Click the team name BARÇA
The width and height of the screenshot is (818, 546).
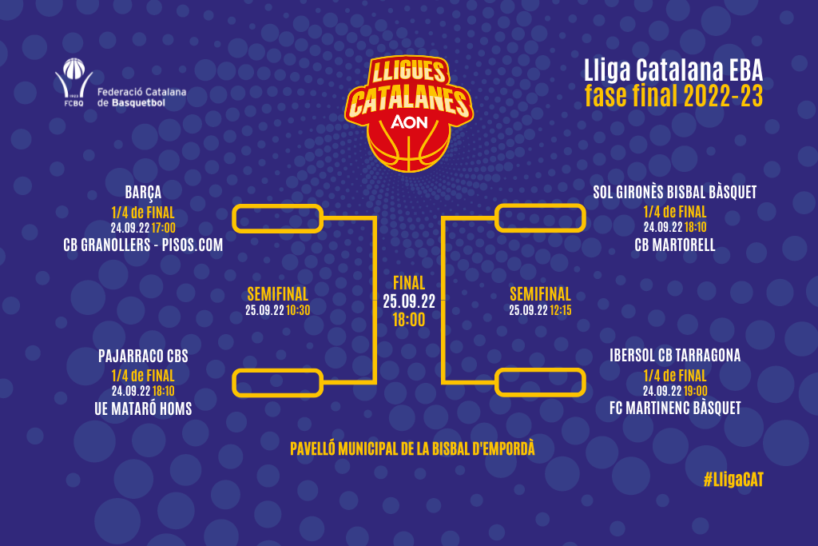143,193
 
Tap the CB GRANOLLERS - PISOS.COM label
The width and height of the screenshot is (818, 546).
143,245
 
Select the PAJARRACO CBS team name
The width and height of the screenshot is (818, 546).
143,356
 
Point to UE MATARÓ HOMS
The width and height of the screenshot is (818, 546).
143,409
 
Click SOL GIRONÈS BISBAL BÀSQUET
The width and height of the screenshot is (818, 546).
674,192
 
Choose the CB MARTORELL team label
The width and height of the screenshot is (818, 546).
674,245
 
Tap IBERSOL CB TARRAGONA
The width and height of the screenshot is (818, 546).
674,356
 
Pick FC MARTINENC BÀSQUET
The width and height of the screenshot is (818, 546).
674,408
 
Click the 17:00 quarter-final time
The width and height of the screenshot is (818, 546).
163,228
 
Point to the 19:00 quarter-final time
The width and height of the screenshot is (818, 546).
696,391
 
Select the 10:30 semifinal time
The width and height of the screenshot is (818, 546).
299,310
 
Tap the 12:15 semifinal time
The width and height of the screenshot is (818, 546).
561,310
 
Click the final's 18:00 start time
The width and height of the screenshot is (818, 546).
409,320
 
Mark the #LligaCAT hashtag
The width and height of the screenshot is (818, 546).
733,480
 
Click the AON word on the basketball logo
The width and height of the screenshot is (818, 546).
409,122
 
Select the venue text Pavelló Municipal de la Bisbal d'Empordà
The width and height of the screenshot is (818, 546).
412,449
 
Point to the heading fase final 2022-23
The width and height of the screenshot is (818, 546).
673,96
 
